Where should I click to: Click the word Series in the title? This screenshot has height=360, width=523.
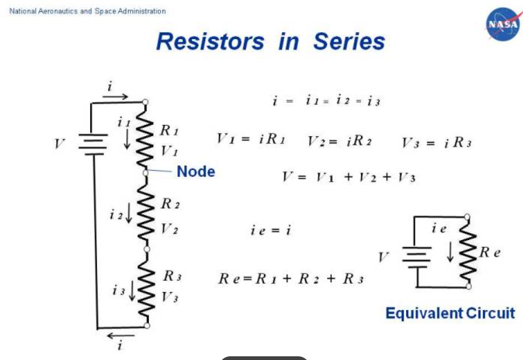[349, 41]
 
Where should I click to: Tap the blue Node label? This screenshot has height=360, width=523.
[196, 171]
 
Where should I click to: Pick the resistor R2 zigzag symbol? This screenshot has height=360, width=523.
[146, 211]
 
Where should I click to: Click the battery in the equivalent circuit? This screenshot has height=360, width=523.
[416, 257]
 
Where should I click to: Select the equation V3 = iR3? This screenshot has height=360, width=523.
[436, 143]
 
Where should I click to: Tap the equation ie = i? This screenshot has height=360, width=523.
[270, 230]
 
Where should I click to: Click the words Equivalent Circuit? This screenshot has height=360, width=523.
[449, 313]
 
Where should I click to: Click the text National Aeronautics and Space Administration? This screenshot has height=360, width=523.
[88, 11]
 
